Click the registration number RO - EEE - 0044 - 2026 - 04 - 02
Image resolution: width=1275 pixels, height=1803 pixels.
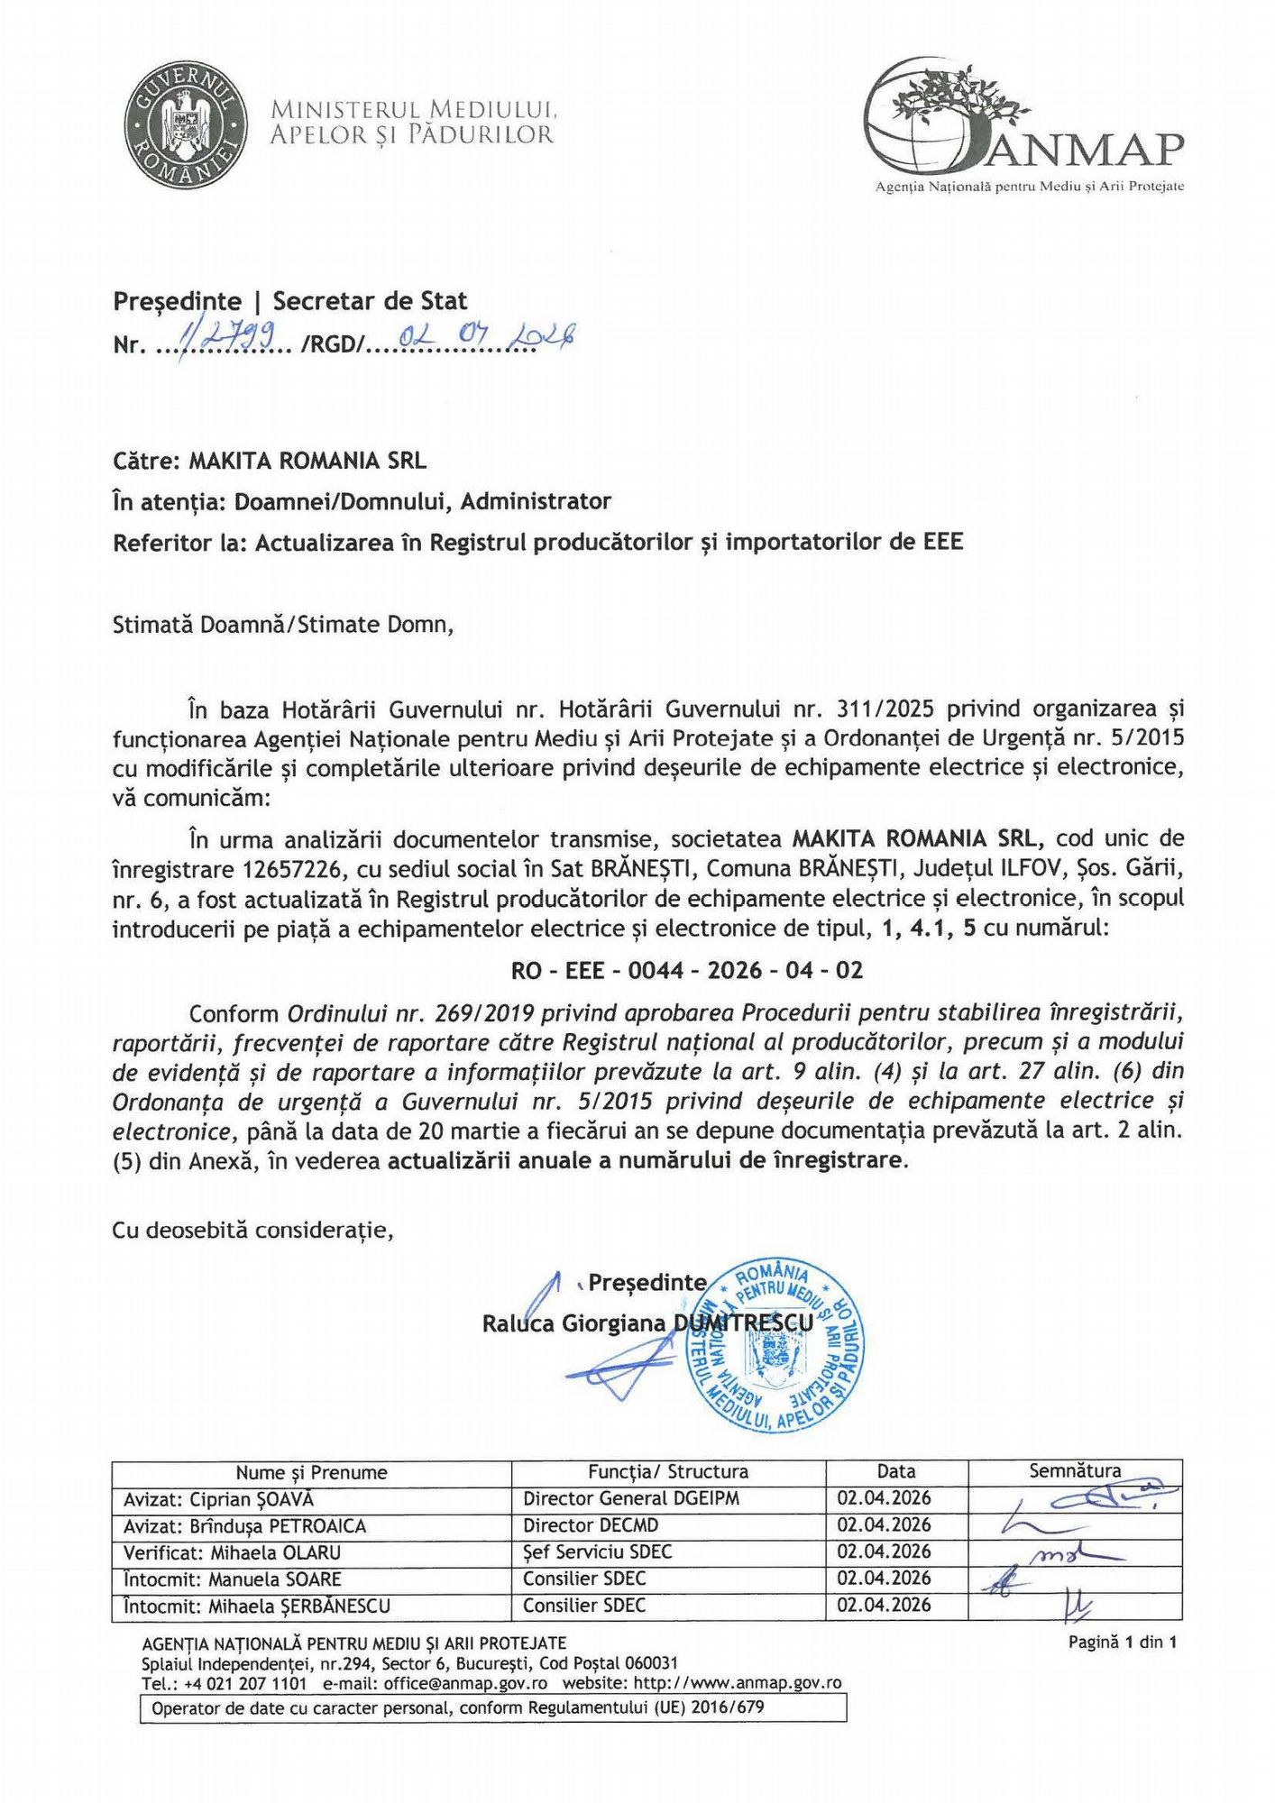(x=687, y=970)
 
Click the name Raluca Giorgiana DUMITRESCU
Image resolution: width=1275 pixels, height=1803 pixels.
(x=647, y=1323)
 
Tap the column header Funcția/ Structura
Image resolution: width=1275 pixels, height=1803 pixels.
(x=668, y=1472)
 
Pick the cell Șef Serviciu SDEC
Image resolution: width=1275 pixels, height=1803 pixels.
(x=597, y=1551)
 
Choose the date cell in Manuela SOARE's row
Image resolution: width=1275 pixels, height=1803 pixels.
(x=884, y=1578)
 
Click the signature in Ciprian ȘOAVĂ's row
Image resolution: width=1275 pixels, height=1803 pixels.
(x=1082, y=1498)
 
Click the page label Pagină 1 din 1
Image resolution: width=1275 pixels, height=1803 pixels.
(x=1123, y=1642)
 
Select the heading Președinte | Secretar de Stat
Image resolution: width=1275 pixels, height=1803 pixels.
(x=290, y=301)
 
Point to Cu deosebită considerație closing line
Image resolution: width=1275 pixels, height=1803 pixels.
(x=252, y=1230)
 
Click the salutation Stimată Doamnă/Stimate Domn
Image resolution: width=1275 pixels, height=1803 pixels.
(x=282, y=625)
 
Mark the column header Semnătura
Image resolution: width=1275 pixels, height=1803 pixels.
(x=1075, y=1471)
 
